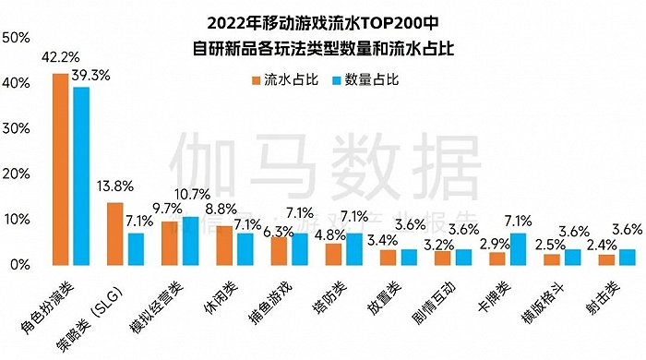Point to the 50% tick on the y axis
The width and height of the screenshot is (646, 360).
17,38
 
